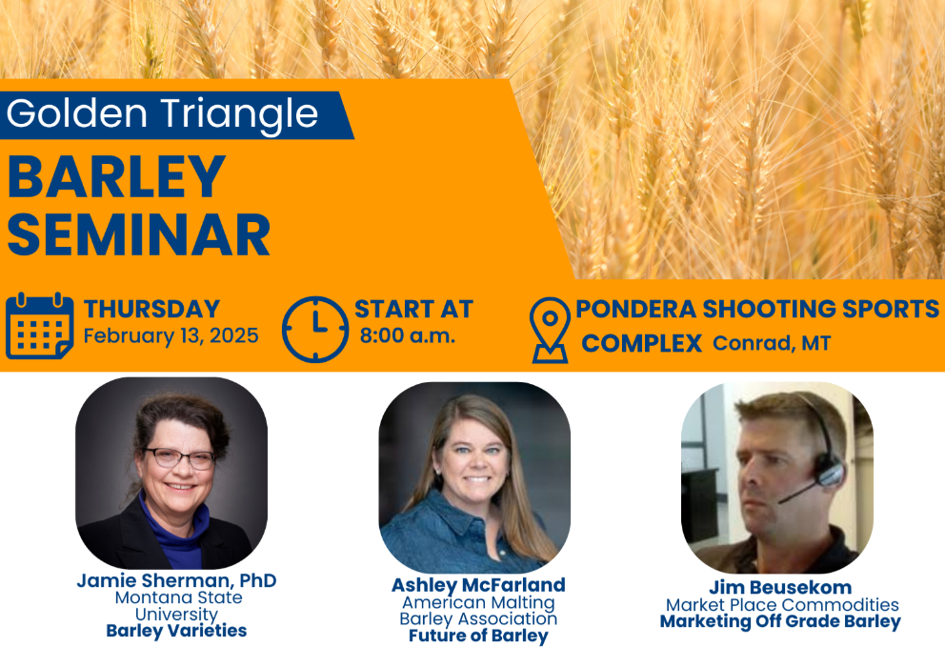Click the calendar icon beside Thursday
[39, 326]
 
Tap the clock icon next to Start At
[315, 329]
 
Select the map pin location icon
[549, 330]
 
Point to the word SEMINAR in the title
[139, 234]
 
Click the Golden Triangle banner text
[162, 113]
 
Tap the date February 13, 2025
[171, 336]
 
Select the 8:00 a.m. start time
[407, 336]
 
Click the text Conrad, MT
[771, 343]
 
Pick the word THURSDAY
[151, 309]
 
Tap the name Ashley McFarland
[477, 585]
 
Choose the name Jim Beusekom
[780, 587]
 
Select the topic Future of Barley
[477, 636]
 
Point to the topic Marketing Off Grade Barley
[780, 622]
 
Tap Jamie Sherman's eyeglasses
[177, 458]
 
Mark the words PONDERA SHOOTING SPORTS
[757, 309]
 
